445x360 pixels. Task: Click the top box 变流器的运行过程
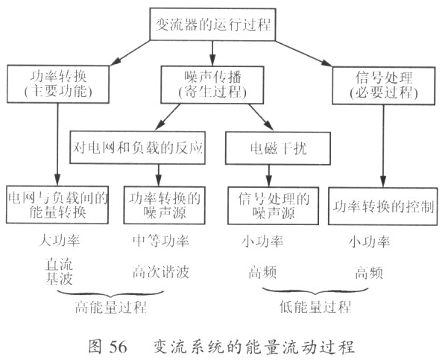click(212, 25)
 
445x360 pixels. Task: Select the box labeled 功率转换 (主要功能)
click(58, 84)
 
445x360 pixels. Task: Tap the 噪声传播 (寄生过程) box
click(212, 85)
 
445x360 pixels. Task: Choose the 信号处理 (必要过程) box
click(383, 86)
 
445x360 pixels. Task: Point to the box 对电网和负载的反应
click(137, 148)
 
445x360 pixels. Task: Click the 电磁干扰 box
click(278, 148)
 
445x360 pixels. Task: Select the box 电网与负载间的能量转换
click(57, 205)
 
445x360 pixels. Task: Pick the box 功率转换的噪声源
click(164, 206)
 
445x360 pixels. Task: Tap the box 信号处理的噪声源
click(273, 206)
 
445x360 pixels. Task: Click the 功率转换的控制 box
click(383, 206)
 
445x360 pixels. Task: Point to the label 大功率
click(60, 241)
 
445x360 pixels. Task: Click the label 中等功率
click(160, 241)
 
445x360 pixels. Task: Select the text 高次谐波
click(160, 272)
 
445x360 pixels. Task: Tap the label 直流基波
click(59, 271)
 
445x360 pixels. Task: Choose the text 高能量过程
click(110, 307)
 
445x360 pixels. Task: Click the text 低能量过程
click(315, 306)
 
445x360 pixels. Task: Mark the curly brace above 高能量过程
click(110, 294)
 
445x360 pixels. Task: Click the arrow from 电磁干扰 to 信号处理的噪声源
click(269, 176)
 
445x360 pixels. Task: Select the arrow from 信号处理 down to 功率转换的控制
click(383, 146)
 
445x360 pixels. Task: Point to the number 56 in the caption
click(118, 347)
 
